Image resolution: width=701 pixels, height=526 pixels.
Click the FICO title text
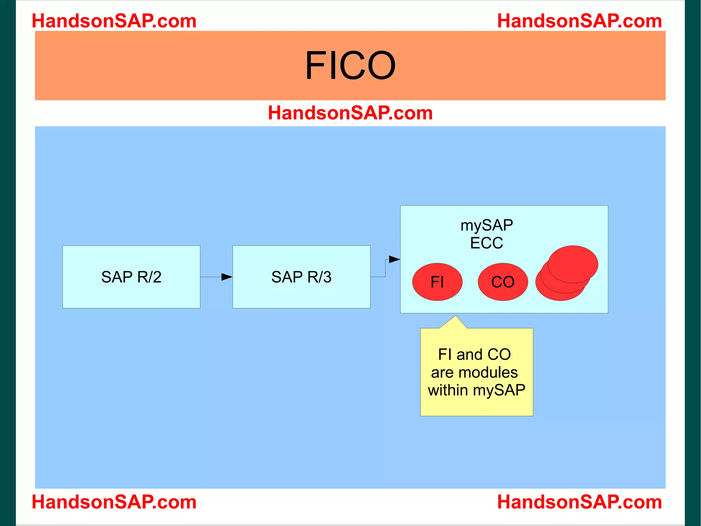(350, 65)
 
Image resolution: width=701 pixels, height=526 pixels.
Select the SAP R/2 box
(131, 277)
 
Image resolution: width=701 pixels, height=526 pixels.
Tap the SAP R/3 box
(301, 277)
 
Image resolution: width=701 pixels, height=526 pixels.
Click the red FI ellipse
(437, 282)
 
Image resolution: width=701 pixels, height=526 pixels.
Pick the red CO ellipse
(503, 282)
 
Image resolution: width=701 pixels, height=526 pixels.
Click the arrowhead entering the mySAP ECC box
(395, 259)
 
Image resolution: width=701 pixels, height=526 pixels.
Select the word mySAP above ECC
(486, 225)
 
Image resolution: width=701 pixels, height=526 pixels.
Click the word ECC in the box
(486, 243)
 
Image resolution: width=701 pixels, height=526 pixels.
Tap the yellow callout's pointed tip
(456, 316)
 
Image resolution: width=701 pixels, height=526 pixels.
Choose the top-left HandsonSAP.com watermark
(114, 21)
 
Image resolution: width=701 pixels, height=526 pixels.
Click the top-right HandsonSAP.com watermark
(579, 21)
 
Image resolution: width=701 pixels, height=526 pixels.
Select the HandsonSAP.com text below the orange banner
(350, 113)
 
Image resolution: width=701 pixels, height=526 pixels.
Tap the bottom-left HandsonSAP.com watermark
(114, 502)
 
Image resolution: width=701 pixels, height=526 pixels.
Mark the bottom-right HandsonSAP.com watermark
(579, 502)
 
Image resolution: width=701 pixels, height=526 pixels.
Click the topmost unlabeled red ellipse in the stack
(573, 264)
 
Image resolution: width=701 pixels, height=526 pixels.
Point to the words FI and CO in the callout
(474, 355)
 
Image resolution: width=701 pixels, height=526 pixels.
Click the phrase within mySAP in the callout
(476, 390)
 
